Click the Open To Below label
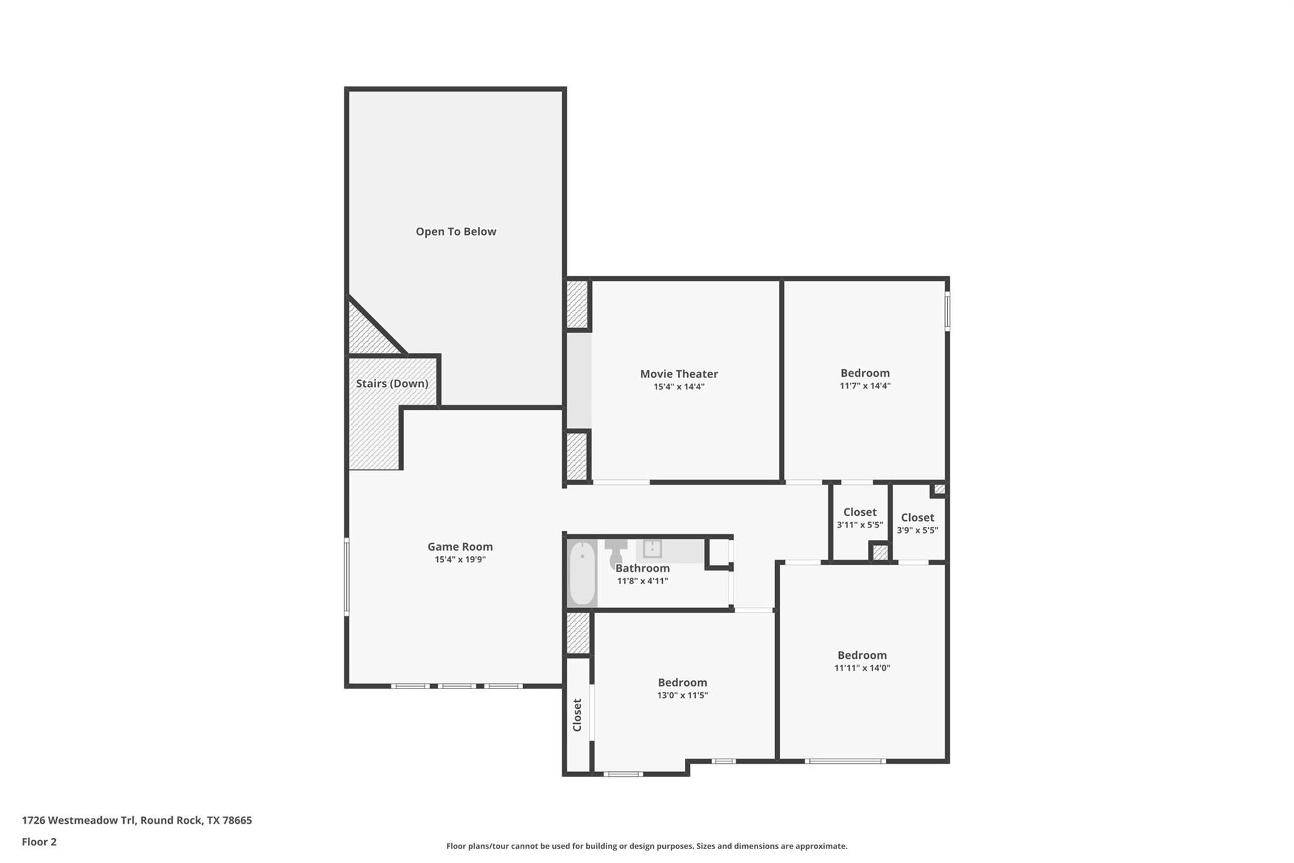456,231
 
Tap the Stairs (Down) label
392,383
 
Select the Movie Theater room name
679,374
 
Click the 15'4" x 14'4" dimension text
679,386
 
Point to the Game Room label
460,546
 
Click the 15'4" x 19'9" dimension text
460,560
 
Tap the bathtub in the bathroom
582,573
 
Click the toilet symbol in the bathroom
615,553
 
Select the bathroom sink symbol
652,549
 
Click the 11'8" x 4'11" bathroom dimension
642,581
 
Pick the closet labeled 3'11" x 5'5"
859,518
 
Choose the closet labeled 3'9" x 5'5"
917,523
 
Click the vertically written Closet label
577,715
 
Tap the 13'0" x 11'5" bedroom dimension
682,695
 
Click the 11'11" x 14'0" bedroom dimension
862,668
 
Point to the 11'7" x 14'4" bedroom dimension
864,386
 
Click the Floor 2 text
39,842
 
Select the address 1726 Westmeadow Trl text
136,820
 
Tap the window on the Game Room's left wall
346,576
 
